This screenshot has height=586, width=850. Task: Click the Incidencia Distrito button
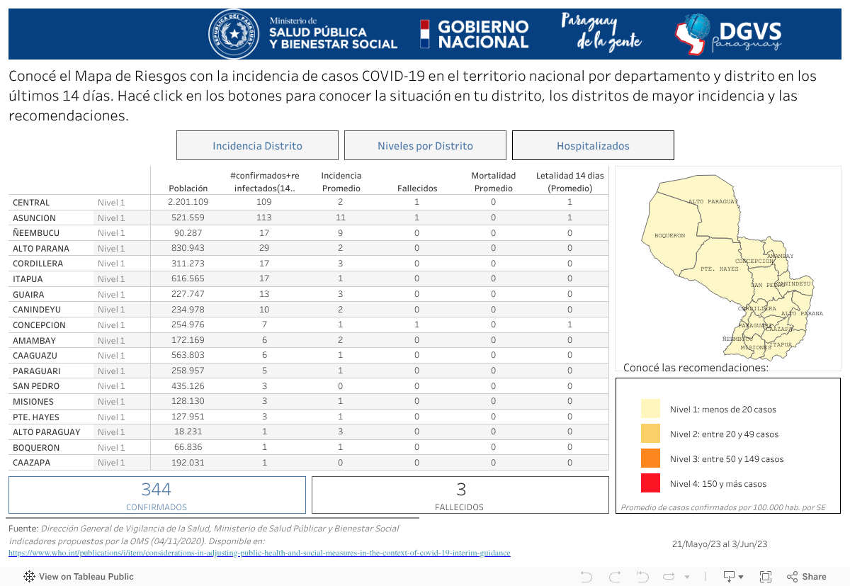pyautogui.click(x=257, y=146)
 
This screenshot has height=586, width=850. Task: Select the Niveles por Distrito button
pyautogui.click(x=425, y=146)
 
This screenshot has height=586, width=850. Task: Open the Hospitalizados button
pyautogui.click(x=593, y=146)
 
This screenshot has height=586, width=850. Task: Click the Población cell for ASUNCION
pyautogui.click(x=188, y=218)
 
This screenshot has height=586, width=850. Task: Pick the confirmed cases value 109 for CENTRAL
pyautogui.click(x=264, y=202)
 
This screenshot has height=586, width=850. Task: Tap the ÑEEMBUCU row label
pyautogui.click(x=36, y=233)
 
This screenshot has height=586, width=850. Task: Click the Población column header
pyautogui.click(x=188, y=188)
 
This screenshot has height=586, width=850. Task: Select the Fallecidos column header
pyautogui.click(x=417, y=188)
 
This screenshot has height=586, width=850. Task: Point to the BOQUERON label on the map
pyautogui.click(x=669, y=235)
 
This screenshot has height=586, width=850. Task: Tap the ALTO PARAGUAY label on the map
pyautogui.click(x=713, y=202)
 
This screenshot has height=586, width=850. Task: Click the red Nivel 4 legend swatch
pyautogui.click(x=650, y=483)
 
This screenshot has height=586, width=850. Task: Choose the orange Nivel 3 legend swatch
pyautogui.click(x=650, y=458)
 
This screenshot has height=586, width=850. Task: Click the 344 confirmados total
pyautogui.click(x=157, y=490)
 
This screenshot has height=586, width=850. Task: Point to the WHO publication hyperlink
pyautogui.click(x=259, y=553)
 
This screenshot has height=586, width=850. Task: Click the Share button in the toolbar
pyautogui.click(x=807, y=576)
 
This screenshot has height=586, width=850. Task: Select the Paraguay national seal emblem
pyautogui.click(x=233, y=34)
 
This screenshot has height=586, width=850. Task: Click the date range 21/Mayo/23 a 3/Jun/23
pyautogui.click(x=720, y=544)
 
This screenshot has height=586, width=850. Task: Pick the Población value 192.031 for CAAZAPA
pyautogui.click(x=188, y=463)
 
